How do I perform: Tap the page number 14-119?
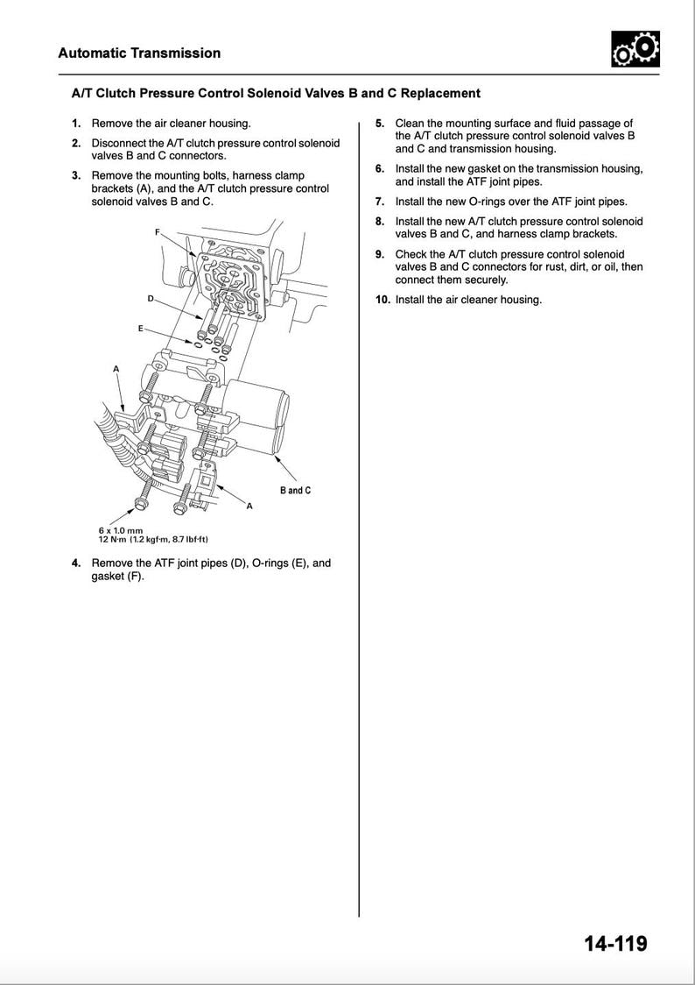point(615,944)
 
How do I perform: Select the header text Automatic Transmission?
point(139,53)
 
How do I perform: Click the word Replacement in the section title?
point(440,93)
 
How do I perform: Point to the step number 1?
point(76,124)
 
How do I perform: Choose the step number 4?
point(76,563)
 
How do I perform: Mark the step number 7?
point(380,202)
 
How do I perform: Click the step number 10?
point(382,300)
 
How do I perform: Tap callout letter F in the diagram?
point(158,231)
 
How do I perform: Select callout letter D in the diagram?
point(150,299)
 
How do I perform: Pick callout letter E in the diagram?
point(140,328)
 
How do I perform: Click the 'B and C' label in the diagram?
point(295,491)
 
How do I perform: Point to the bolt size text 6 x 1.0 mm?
point(120,531)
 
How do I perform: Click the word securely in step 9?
point(484,280)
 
